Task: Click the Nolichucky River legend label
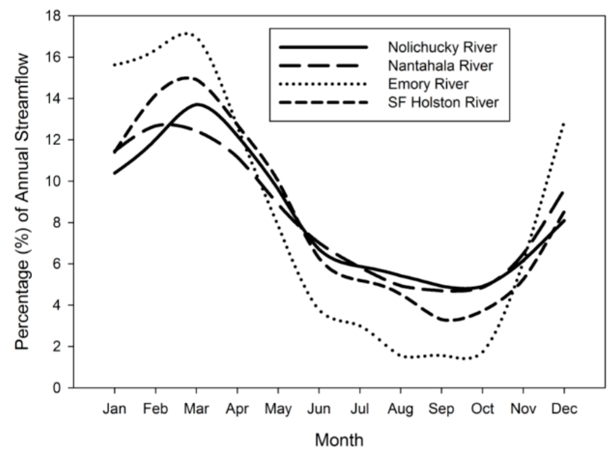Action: pyautogui.click(x=442, y=47)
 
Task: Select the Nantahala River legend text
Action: pyautogui.click(x=440, y=66)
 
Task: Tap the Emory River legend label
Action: pyautogui.click(x=428, y=84)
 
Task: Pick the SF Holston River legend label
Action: pyautogui.click(x=443, y=102)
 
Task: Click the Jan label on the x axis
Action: pyautogui.click(x=115, y=409)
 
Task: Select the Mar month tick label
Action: pyautogui.click(x=196, y=409)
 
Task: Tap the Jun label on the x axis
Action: pyautogui.click(x=319, y=409)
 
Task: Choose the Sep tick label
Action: pyautogui.click(x=441, y=409)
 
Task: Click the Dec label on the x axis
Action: pyautogui.click(x=564, y=409)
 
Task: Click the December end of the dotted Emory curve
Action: pyautogui.click(x=564, y=123)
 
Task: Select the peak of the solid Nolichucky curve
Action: pyautogui.click(x=197, y=104)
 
